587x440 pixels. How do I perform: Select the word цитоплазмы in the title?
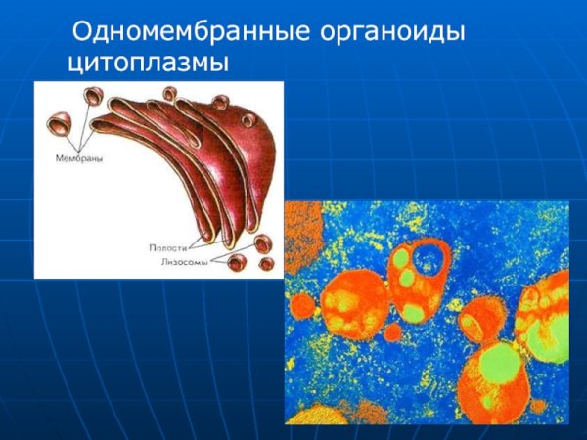click(x=148, y=64)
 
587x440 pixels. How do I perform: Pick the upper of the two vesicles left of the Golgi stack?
click(x=93, y=96)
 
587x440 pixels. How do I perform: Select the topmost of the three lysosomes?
click(x=261, y=242)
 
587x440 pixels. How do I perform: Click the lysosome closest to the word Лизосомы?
click(x=237, y=262)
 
